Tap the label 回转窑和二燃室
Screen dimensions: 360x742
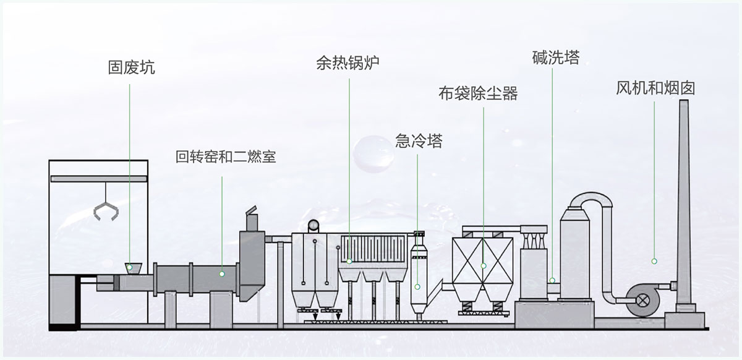pos(226,157)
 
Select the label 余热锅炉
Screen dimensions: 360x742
pos(347,63)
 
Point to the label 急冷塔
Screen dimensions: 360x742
pos(419,141)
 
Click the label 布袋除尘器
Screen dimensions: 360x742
pos(477,94)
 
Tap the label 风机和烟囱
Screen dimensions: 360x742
pos(655,87)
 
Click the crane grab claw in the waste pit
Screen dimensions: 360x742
pos(105,210)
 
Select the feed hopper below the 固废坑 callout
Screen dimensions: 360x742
pos(132,268)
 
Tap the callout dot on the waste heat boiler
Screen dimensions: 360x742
pos(349,262)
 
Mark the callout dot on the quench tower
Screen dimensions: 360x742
pos(419,286)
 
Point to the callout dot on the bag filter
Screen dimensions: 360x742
pos(484,265)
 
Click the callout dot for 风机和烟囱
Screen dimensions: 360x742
pos(654,262)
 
